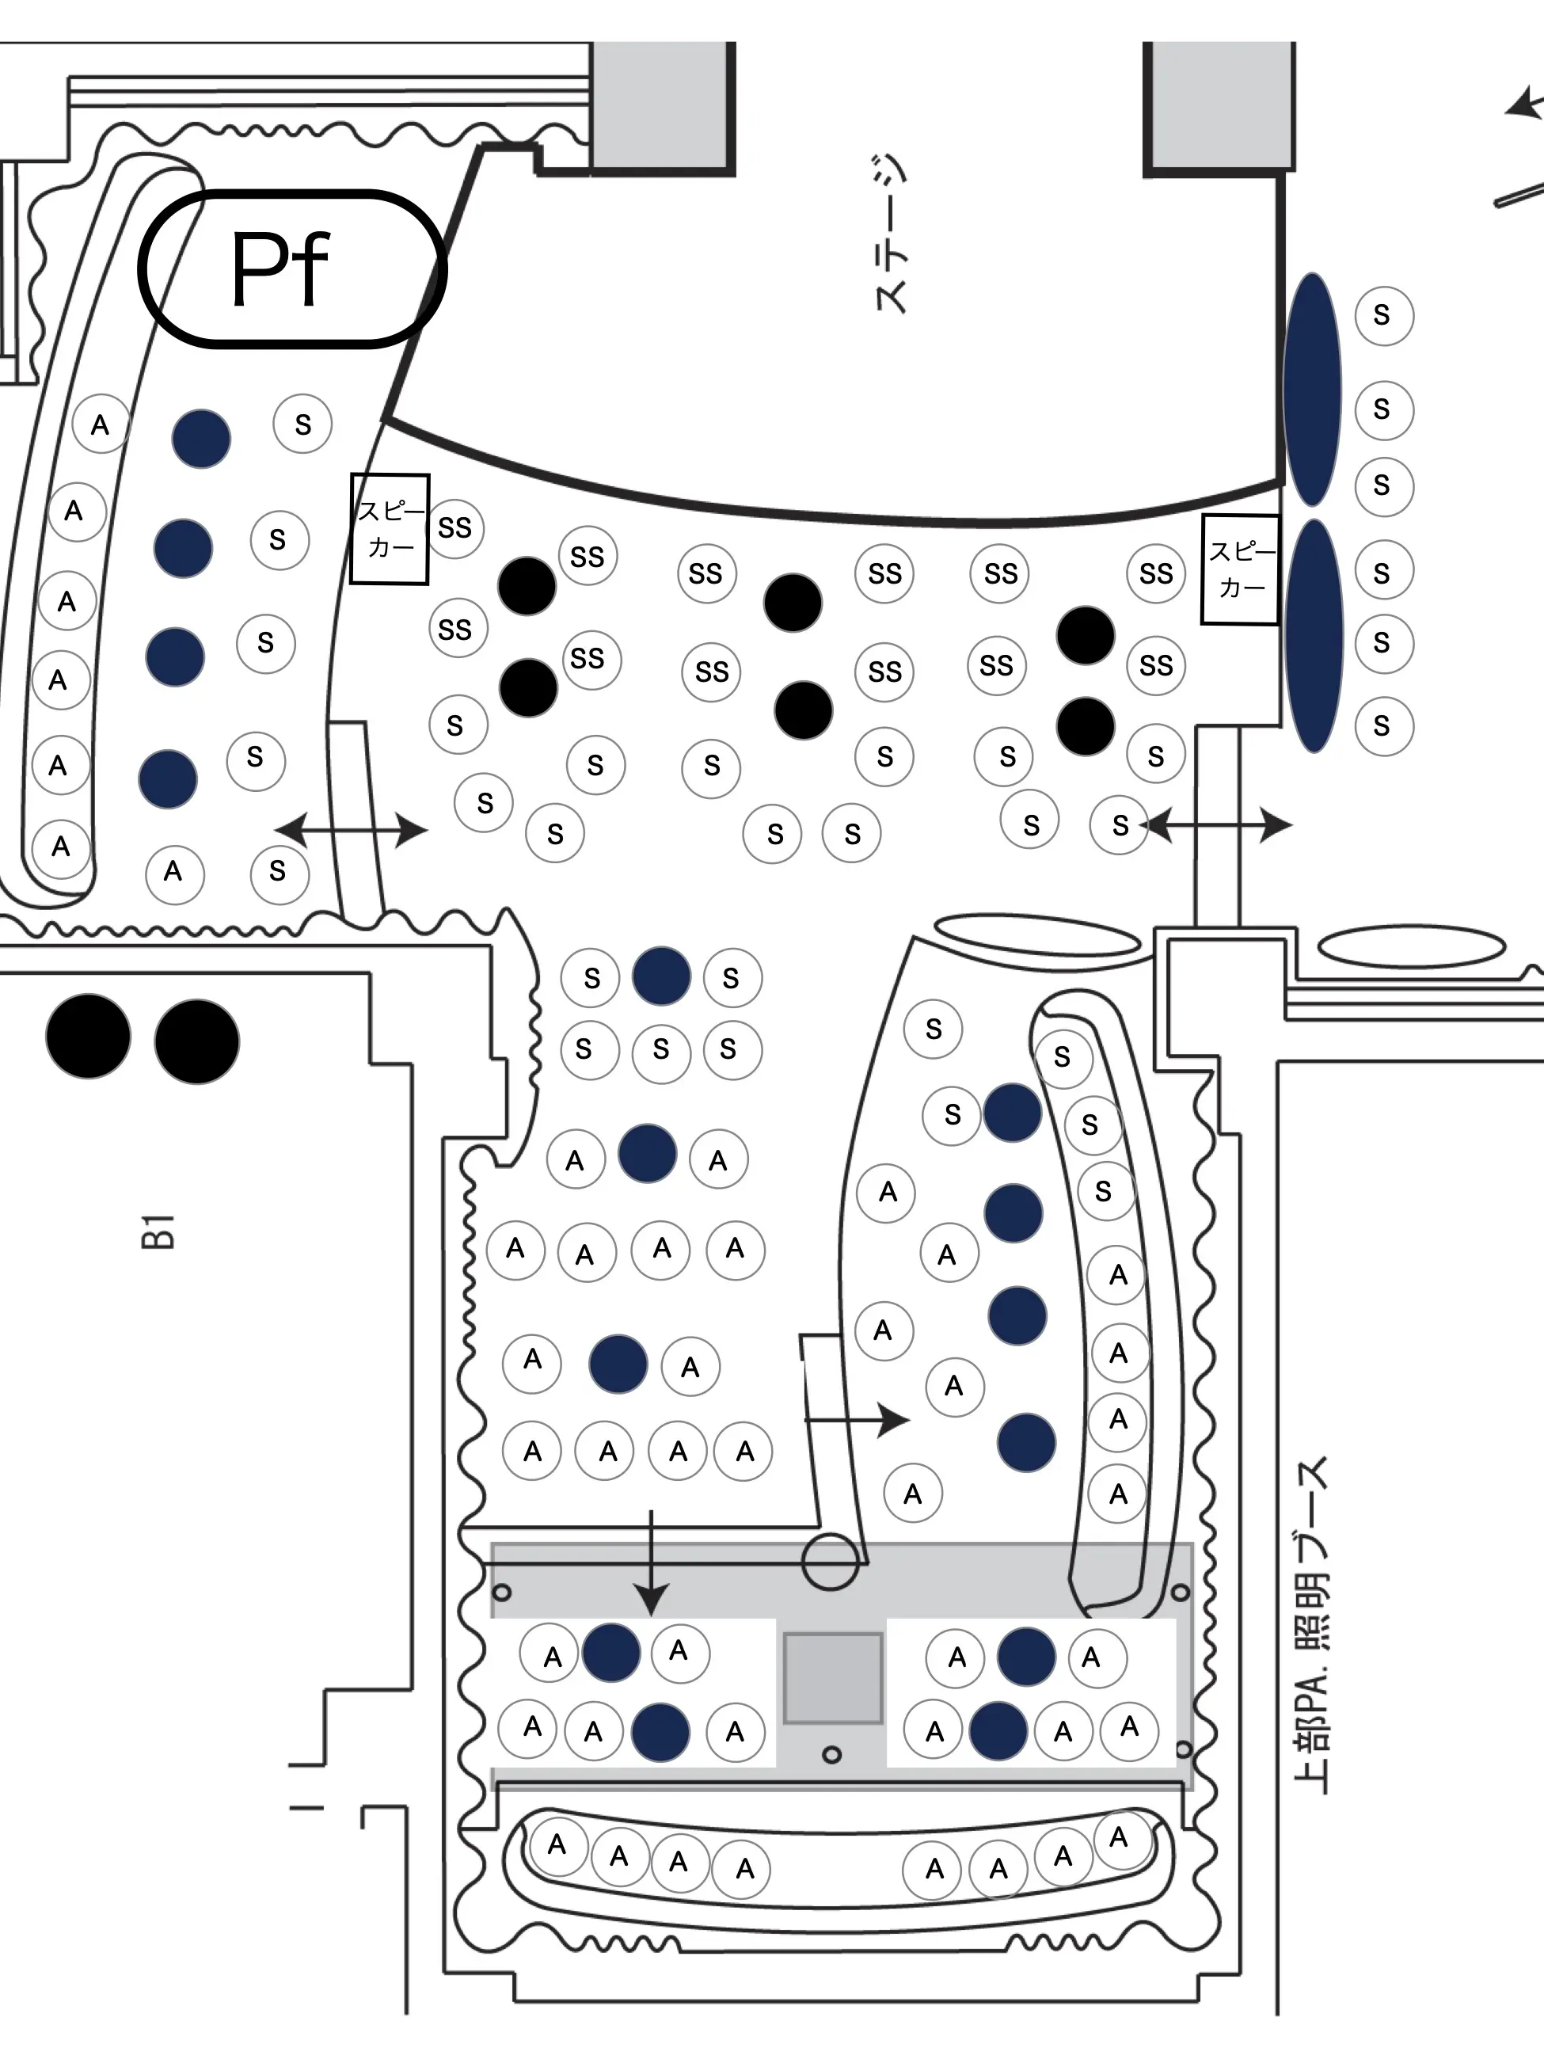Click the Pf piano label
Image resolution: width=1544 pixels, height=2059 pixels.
click(280, 269)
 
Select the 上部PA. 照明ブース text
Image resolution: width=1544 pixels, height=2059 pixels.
click(1311, 1625)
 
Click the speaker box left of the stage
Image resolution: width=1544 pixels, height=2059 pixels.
click(390, 529)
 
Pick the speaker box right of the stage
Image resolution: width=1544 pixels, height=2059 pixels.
click(1240, 569)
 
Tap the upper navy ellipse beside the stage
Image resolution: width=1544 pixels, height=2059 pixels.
click(1312, 389)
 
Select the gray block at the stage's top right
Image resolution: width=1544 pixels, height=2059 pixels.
click(1219, 107)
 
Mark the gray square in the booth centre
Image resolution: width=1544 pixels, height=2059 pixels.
click(833, 1678)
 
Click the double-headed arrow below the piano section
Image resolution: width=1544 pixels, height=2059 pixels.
click(351, 828)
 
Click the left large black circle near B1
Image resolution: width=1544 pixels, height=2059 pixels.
click(89, 1037)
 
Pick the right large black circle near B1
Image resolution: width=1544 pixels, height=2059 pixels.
click(197, 1041)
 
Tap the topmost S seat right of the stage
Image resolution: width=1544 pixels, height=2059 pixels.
click(1384, 315)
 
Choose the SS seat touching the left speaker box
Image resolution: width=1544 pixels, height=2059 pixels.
click(454, 527)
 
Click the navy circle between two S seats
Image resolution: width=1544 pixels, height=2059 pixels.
click(662, 976)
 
